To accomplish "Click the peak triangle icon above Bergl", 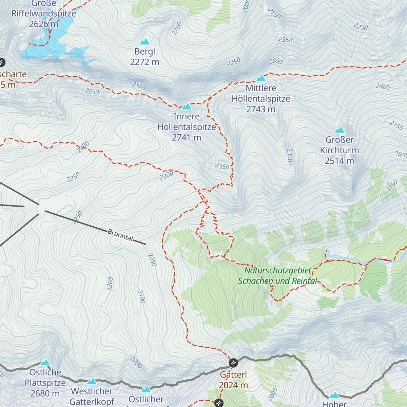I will [x=145, y=42].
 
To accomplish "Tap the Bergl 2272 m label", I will [x=145, y=57].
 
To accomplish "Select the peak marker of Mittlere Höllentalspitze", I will [x=261, y=78].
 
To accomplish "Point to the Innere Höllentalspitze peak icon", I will [x=187, y=107].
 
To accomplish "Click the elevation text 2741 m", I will [x=187, y=138].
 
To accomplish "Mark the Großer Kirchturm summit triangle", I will [x=340, y=130].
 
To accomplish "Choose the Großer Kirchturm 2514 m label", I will [x=340, y=150].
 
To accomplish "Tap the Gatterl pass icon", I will [x=233, y=363].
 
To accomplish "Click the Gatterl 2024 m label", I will [x=233, y=380].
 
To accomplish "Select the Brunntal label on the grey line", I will [x=120, y=235].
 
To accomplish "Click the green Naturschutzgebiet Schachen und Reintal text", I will [x=278, y=276].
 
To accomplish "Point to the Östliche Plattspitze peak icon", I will [x=45, y=363].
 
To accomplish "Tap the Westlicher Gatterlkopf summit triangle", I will [x=92, y=382].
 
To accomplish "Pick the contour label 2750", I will [x=274, y=13].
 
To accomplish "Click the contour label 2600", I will [x=276, y=61].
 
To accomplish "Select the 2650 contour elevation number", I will [x=92, y=91].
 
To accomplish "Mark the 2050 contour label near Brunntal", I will [x=152, y=260].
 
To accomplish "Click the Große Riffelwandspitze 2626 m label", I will [x=44, y=14].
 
